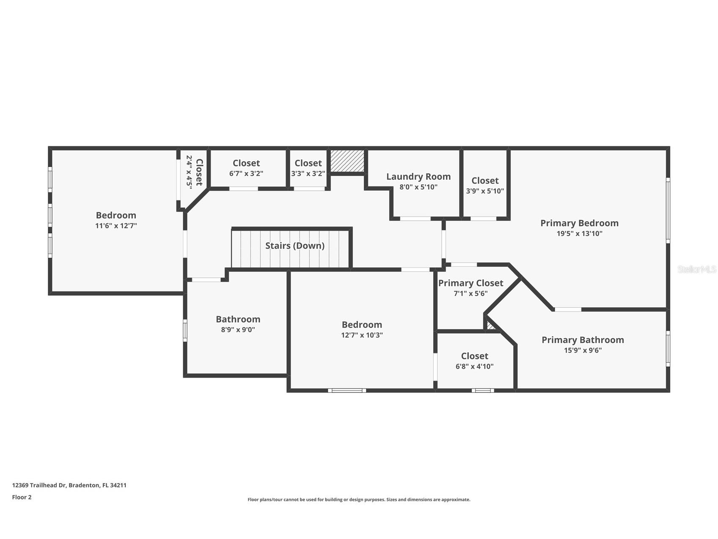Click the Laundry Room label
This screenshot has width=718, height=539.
pos(418,177)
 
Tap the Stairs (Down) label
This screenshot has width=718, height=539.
pos(294,246)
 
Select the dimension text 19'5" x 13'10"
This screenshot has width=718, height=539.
pos(579,233)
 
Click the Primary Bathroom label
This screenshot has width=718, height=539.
pos(583,340)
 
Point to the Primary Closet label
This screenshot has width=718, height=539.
pos(470,283)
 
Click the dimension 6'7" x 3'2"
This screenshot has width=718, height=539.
pos(246,173)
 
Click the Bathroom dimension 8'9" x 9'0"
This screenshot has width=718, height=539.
pos(238,330)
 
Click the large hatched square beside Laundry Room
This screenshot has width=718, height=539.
pos(347,161)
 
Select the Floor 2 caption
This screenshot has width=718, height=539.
pos(22,497)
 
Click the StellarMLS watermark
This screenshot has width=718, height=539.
pos(696,269)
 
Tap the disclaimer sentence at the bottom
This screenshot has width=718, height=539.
pos(359,500)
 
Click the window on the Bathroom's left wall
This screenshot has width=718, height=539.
pos(185,330)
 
